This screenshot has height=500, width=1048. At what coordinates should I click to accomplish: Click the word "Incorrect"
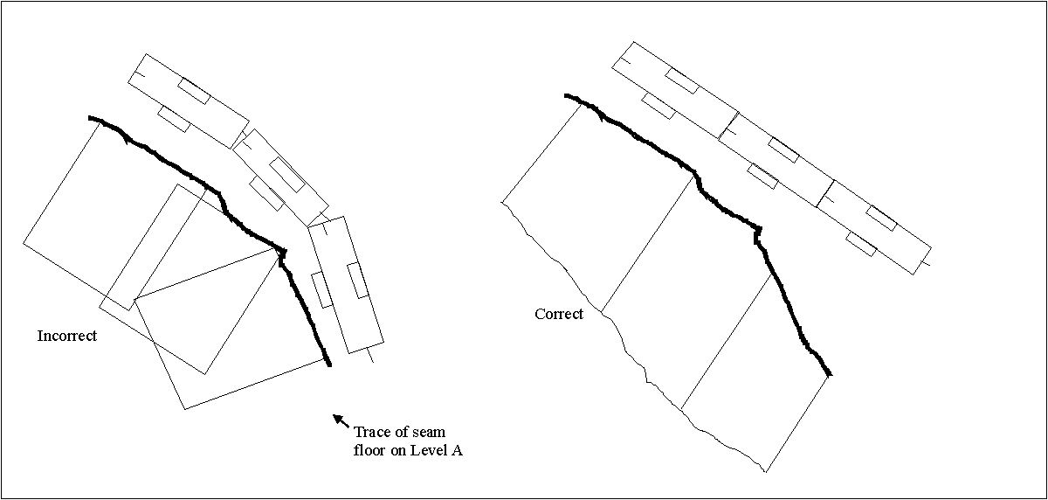tap(67, 336)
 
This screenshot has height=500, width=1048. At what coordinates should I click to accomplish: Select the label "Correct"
tap(559, 314)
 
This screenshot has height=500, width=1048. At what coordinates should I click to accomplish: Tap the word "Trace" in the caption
tap(373, 432)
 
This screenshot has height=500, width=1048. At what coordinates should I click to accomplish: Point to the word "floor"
tap(369, 450)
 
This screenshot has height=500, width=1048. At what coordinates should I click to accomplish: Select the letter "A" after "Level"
tap(457, 450)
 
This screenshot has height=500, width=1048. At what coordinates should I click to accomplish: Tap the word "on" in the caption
tap(397, 451)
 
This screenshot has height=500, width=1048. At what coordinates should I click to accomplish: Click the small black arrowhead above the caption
tap(338, 419)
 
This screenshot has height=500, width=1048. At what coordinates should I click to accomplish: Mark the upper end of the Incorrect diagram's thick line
tap(89, 118)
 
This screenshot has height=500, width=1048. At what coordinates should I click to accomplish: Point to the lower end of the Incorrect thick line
tap(329, 365)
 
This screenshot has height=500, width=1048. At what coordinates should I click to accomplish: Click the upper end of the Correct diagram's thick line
tap(566, 95)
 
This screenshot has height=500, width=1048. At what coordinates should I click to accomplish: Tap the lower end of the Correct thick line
tap(830, 374)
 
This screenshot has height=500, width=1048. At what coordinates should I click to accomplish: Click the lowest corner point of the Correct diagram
tap(765, 471)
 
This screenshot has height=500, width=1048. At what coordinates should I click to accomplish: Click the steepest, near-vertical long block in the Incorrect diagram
tap(346, 285)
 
